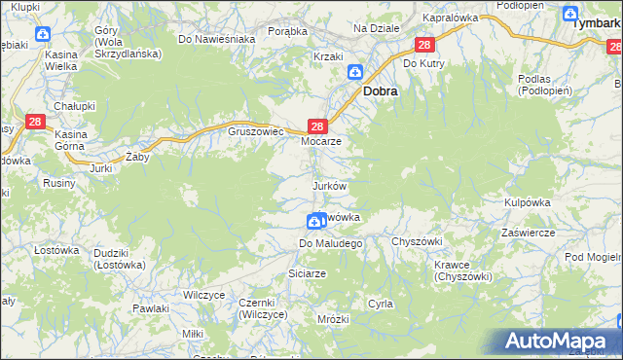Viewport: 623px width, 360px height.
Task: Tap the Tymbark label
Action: (x=596, y=21)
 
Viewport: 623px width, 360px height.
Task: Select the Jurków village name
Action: (x=329, y=185)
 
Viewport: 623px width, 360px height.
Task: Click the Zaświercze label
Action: (x=527, y=233)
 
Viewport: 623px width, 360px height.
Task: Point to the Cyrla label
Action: (x=380, y=304)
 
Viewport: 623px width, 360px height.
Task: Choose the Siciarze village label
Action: (x=307, y=274)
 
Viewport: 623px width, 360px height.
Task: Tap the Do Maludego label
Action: (x=330, y=242)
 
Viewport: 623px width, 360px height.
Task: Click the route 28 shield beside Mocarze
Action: (x=316, y=126)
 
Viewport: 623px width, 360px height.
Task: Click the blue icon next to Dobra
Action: (x=356, y=71)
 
